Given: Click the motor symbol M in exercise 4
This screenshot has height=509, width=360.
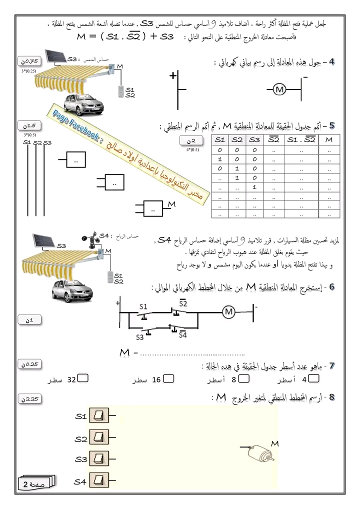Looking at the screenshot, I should (x=280, y=90).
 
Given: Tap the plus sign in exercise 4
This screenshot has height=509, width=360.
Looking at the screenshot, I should (x=173, y=76).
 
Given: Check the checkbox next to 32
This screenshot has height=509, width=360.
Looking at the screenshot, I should (x=83, y=379).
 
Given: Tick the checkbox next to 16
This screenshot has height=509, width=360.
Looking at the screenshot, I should (x=169, y=379).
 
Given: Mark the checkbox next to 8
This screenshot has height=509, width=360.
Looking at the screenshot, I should (x=246, y=379).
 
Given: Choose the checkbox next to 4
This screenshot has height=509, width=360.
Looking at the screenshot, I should (x=313, y=379).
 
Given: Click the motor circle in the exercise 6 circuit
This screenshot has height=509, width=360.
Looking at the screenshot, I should (x=229, y=312).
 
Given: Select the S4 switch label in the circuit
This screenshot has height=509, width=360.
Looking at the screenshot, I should (x=183, y=334).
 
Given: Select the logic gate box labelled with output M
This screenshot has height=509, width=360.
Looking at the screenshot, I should (x=153, y=208).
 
